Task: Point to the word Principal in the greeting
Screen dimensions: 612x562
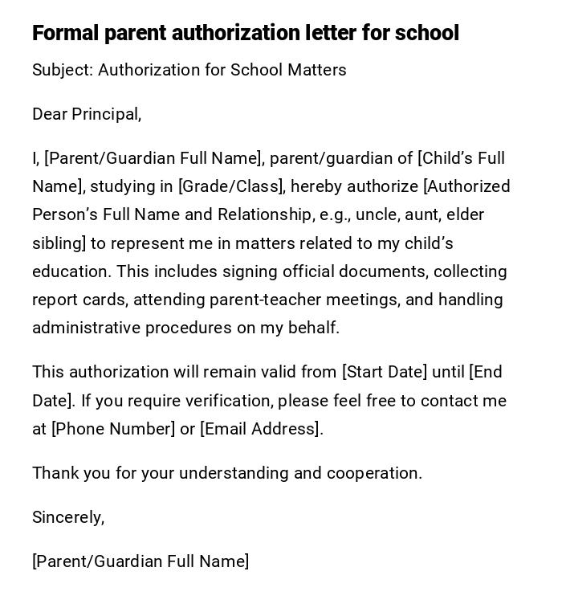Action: pos(106,114)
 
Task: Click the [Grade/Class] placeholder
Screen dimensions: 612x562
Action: pos(230,186)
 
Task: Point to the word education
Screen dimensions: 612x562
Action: pos(70,271)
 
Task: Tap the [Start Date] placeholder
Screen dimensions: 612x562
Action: pos(385,372)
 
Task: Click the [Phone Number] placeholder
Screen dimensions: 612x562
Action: pos(113,429)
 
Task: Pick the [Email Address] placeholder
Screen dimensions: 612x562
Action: pos(261,429)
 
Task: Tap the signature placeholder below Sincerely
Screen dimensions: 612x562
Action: pos(140,561)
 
